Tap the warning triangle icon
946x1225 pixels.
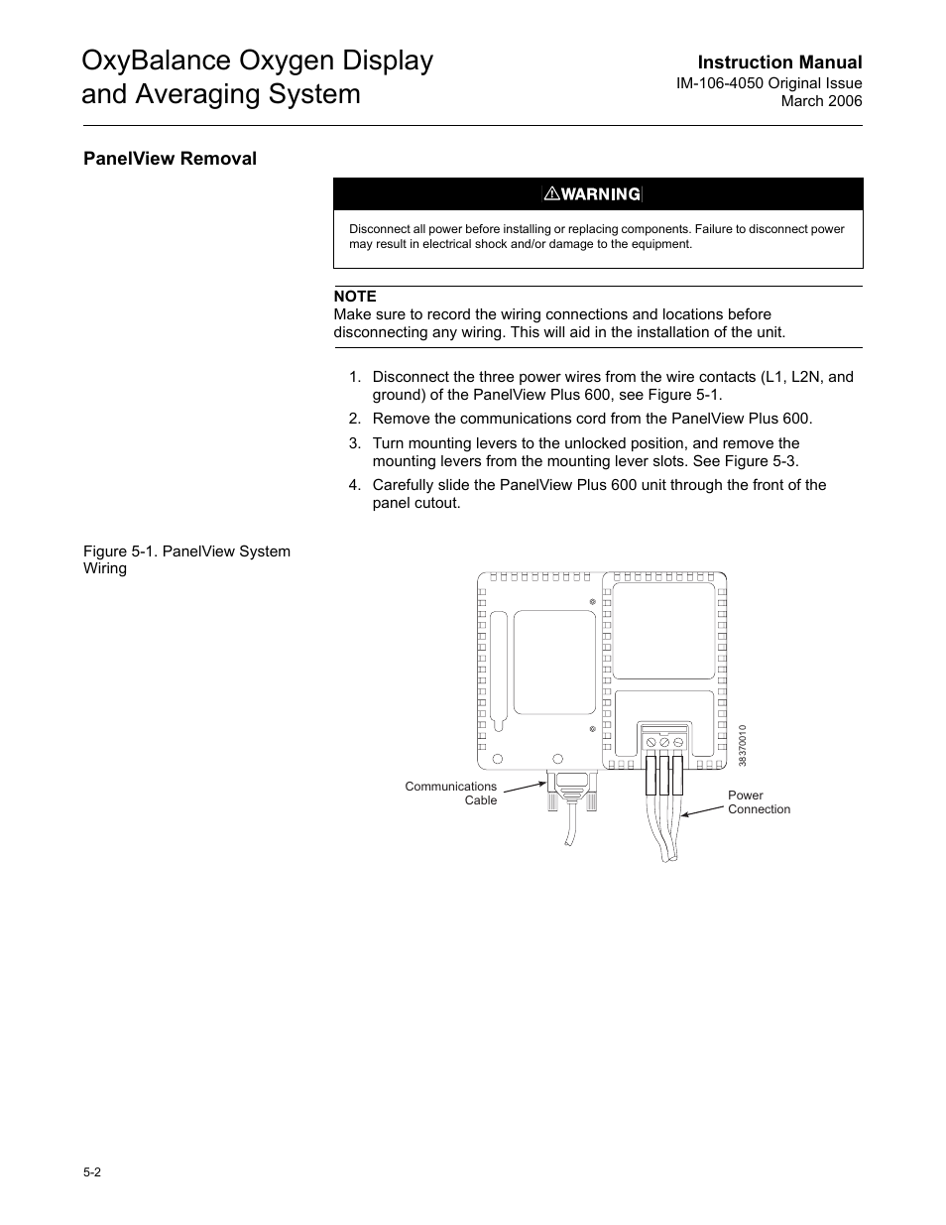pos(552,194)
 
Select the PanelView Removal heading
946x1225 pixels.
pos(170,159)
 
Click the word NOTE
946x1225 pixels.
pos(355,297)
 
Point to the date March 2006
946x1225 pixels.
pos(821,101)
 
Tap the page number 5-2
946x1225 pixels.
pos(92,1172)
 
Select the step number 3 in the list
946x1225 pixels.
pos(354,443)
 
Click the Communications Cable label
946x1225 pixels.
pos(451,794)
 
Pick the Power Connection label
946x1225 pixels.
pos(759,802)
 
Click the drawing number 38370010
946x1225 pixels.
pos(742,745)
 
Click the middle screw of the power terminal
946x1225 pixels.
pos(664,742)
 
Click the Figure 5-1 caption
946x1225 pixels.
pos(186,559)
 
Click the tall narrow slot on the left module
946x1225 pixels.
pos(499,665)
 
